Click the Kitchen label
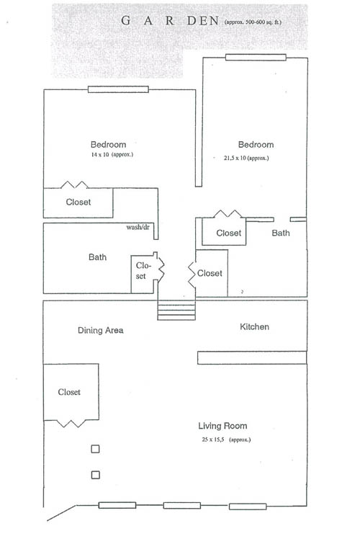coord(254,327)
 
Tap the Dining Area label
coord(101,330)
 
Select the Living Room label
coord(222,426)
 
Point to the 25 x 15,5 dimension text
coord(226,440)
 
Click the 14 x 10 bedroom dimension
coord(112,154)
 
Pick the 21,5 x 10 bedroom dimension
coord(246,158)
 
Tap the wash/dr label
coord(138,227)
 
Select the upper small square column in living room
coord(95,449)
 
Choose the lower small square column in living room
coord(95,475)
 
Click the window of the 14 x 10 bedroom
coord(118,89)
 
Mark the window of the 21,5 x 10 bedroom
coord(256,57)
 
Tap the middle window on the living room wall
coord(182,506)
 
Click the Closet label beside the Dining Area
coord(69,392)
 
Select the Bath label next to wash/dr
coord(97,257)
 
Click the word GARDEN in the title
coord(170,21)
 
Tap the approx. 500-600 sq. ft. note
coord(253,22)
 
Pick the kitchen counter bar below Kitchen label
coord(252,357)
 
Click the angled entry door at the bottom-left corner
coord(61,513)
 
